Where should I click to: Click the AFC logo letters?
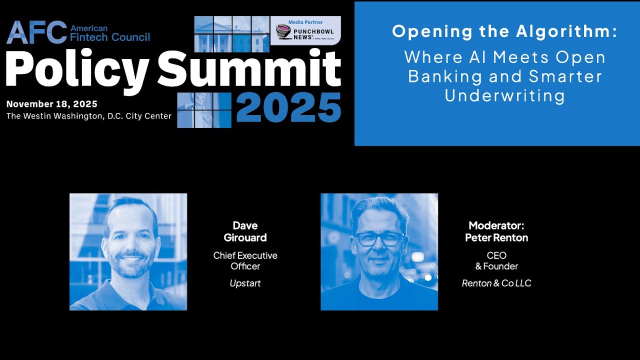point(36,32)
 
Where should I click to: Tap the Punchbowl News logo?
point(305,33)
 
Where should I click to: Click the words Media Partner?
point(305,22)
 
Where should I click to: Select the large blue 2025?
point(288,107)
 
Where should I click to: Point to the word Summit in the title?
point(249,69)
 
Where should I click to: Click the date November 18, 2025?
point(51,104)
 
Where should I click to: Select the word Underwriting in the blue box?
point(504,95)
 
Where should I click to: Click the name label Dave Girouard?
point(245,231)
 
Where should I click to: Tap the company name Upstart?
point(245,283)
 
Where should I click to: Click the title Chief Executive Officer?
point(245,260)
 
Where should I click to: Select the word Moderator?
point(496,225)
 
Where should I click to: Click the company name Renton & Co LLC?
point(496,283)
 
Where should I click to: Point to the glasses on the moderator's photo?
point(378,239)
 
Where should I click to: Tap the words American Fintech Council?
point(110,32)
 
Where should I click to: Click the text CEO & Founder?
point(496,260)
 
